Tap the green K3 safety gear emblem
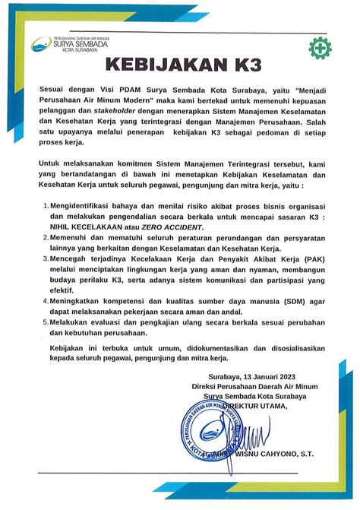coord(319,46)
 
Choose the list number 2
coord(46,237)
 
